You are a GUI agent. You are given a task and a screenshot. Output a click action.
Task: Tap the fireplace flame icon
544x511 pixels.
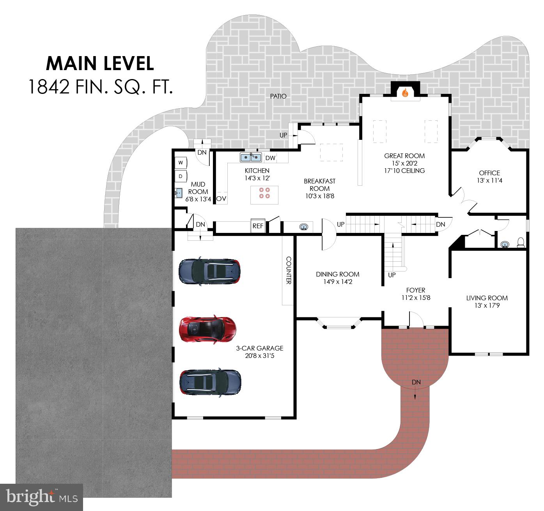[405, 93]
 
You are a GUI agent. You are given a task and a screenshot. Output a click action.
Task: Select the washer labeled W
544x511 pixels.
[181, 162]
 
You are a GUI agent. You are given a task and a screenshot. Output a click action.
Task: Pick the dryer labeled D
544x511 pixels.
[181, 176]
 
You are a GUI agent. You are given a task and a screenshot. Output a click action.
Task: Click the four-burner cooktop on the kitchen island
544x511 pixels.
[264, 193]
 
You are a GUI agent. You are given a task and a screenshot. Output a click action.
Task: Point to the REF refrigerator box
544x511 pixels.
[258, 226]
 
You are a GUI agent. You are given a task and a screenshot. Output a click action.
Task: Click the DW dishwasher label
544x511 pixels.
[270, 158]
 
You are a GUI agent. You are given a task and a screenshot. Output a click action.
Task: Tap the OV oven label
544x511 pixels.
[221, 198]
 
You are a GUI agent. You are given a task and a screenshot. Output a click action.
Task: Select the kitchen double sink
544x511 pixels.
[251, 157]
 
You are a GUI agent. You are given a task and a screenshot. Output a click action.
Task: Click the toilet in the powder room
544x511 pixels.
[521, 242]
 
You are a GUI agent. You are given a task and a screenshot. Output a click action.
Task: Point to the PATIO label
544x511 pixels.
[278, 96]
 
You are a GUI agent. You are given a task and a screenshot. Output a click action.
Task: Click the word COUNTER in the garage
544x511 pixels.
[289, 270]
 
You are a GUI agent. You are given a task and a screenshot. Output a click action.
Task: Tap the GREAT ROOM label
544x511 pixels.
[404, 156]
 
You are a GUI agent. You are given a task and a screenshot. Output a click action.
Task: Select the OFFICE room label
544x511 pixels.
[489, 173]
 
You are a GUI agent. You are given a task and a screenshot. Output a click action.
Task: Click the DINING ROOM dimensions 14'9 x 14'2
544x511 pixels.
[338, 282]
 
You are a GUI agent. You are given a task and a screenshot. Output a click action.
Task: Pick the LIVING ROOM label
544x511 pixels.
[487, 298]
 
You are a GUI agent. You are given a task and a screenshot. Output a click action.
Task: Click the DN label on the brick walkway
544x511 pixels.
[416, 382]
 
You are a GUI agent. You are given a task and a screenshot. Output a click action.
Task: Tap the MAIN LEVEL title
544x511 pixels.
[100, 63]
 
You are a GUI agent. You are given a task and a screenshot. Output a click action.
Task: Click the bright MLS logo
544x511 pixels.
[42, 497]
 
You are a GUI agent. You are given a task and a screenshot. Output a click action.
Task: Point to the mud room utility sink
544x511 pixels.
[178, 193]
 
